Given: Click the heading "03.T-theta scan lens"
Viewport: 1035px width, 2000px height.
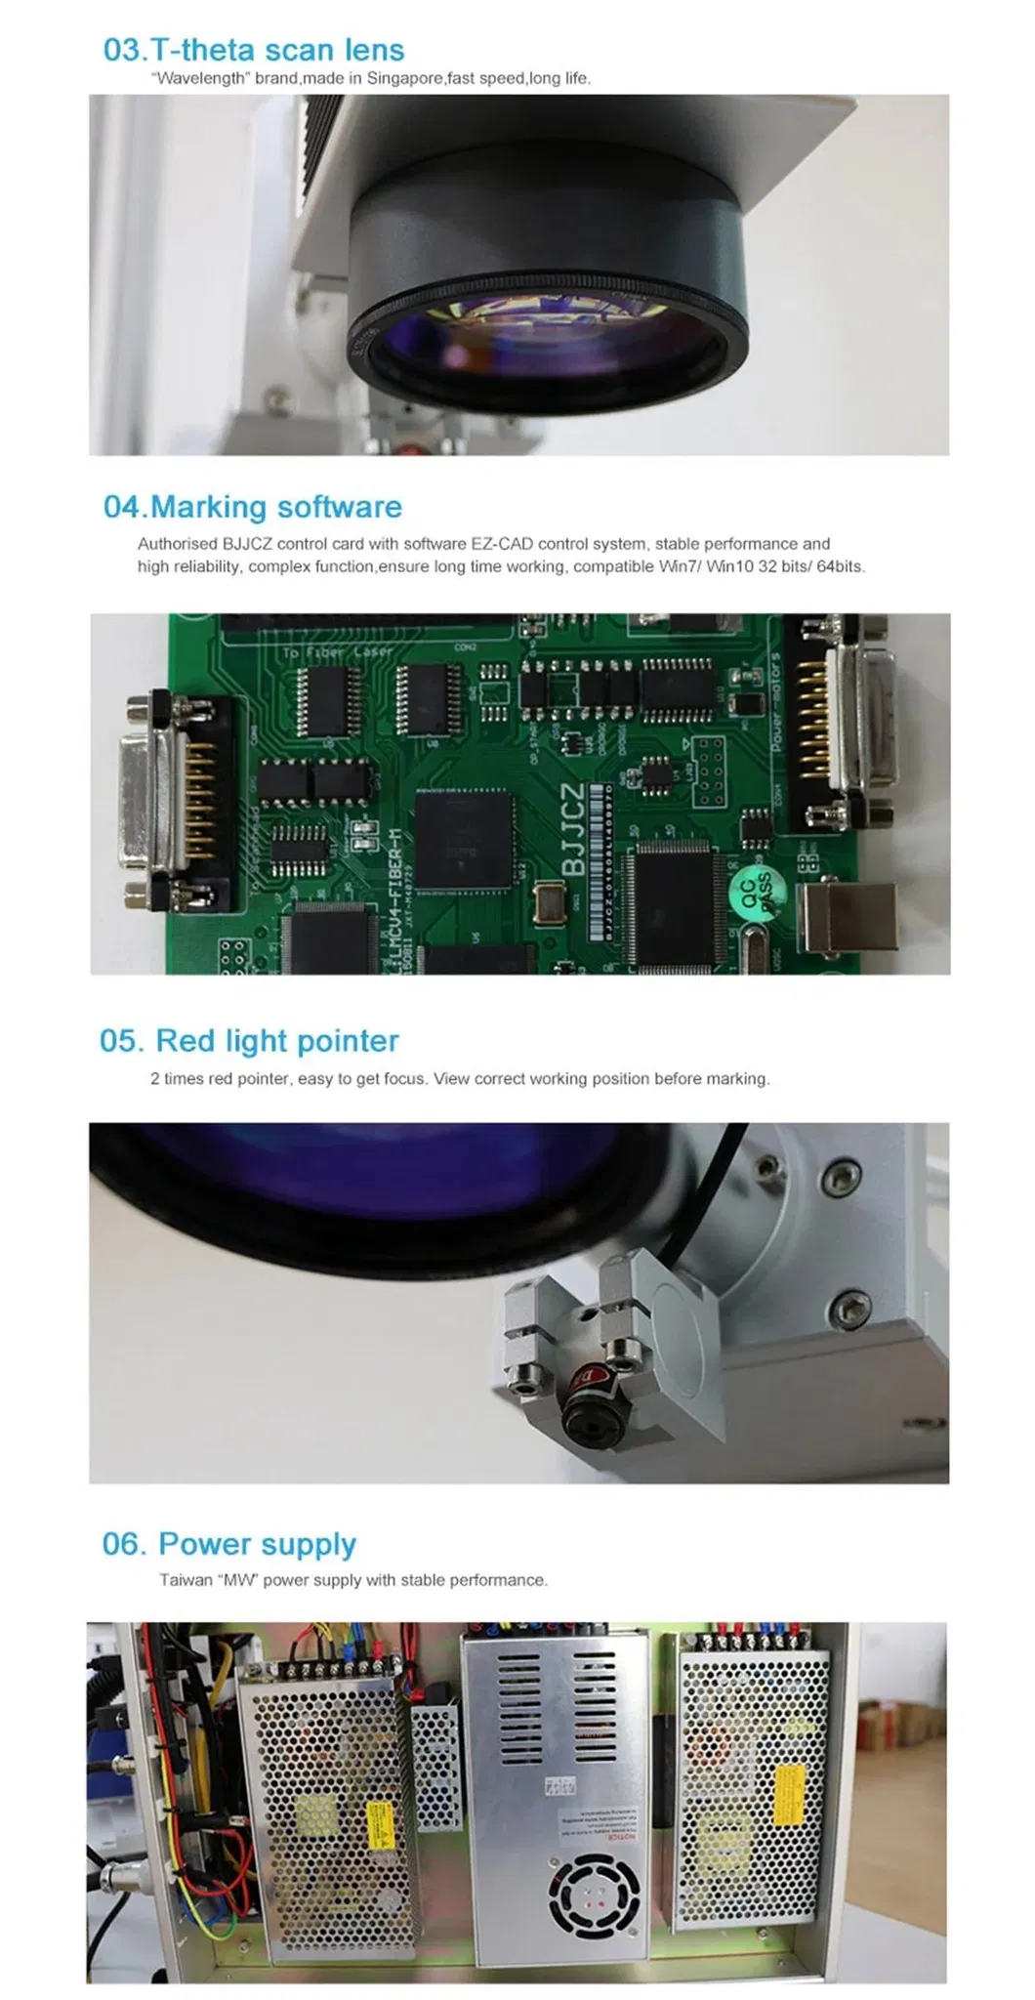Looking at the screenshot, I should [x=254, y=50].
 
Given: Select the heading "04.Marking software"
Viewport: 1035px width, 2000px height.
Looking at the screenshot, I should [x=253, y=507].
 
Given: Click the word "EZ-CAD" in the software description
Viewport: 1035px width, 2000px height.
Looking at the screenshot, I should [x=509, y=544].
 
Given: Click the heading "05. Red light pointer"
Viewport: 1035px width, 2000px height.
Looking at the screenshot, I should [x=249, y=1041].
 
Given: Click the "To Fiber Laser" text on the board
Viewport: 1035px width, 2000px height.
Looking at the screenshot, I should [x=337, y=651].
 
